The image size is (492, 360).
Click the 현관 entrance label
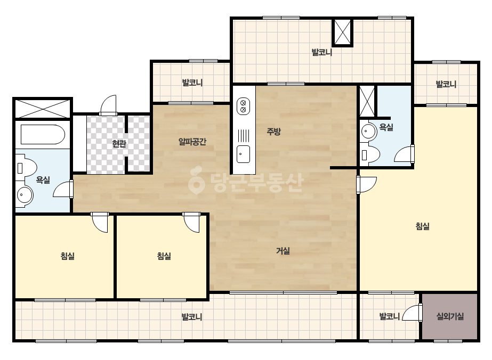(119, 144)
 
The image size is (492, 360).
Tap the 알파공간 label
(192, 142)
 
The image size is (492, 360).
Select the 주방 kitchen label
(273, 132)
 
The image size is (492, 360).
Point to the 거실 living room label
(283, 251)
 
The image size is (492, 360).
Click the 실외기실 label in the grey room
(450, 316)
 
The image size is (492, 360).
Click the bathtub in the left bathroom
(43, 135)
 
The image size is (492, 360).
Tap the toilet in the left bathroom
(27, 168)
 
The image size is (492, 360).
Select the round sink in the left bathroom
(25, 195)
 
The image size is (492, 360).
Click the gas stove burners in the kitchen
(243, 107)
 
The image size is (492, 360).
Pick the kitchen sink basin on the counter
(243, 154)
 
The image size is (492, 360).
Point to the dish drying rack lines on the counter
(243, 136)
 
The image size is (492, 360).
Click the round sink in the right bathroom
(368, 131)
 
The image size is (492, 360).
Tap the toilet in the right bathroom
(369, 154)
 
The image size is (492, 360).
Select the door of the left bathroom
(63, 189)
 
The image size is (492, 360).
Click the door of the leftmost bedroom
(100, 222)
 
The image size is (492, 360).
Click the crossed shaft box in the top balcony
(343, 32)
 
